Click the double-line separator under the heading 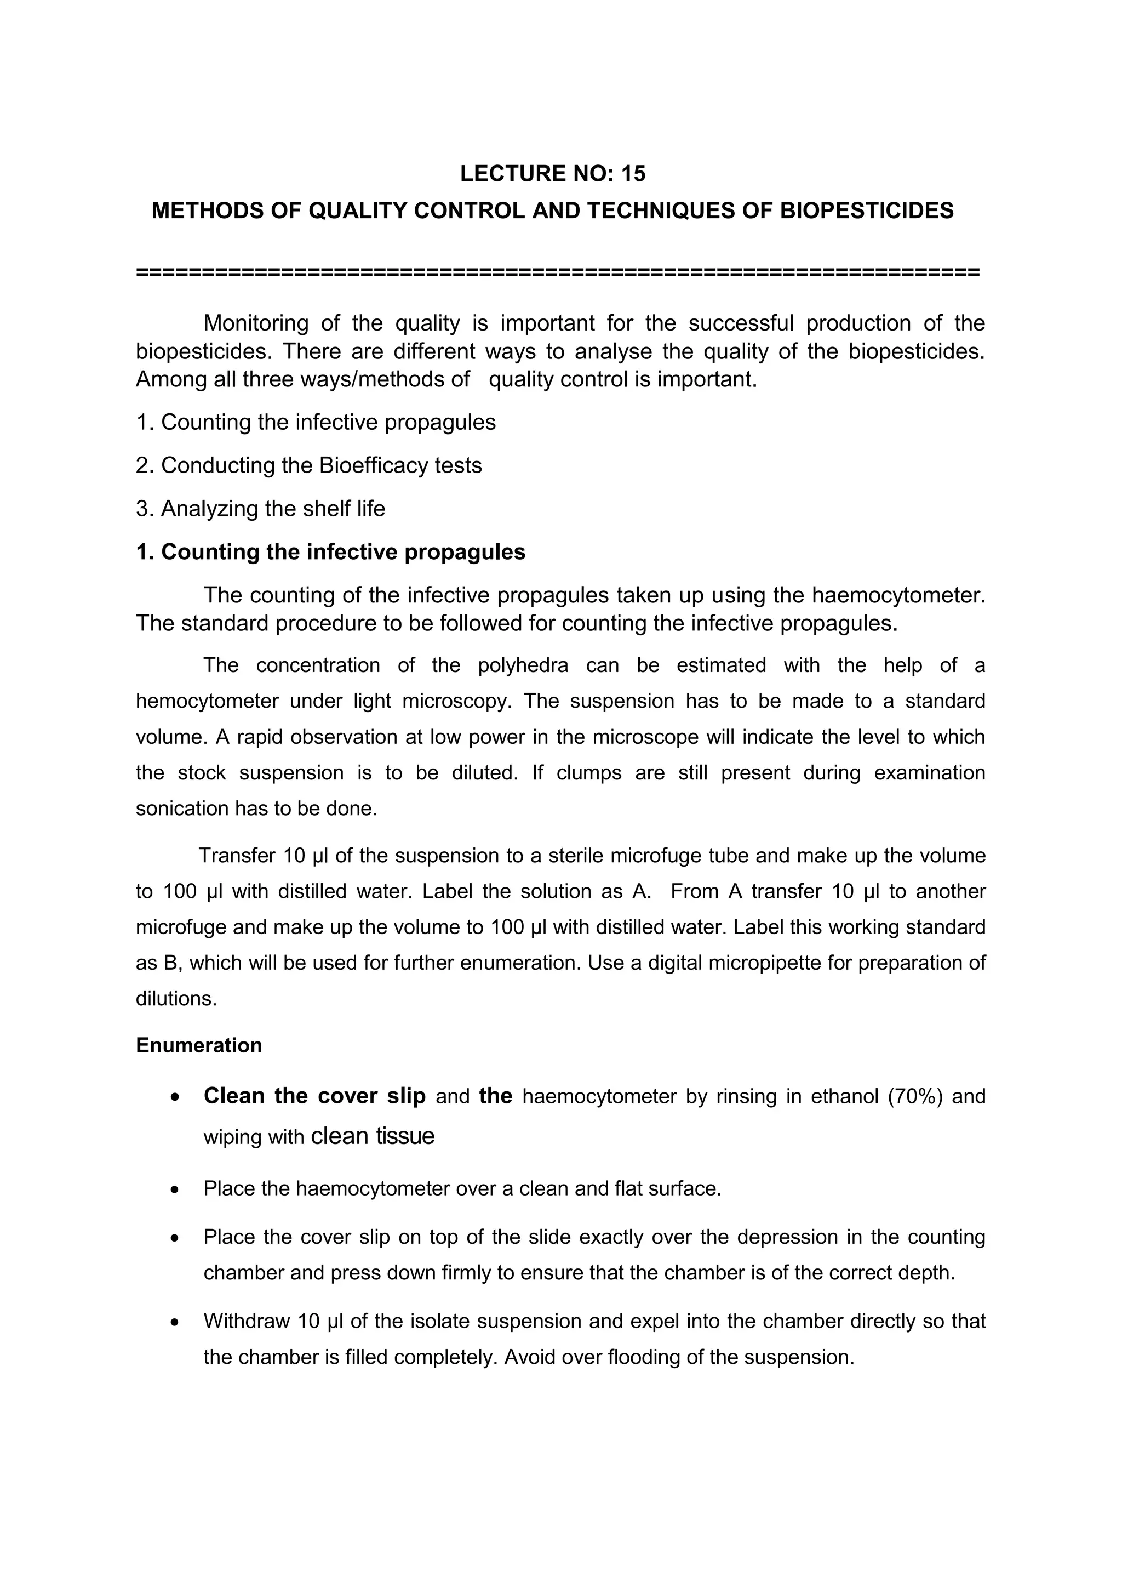558,272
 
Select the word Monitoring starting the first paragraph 256,323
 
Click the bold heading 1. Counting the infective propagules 330,552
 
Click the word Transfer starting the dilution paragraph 237,856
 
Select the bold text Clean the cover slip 314,1096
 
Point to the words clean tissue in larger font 373,1136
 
